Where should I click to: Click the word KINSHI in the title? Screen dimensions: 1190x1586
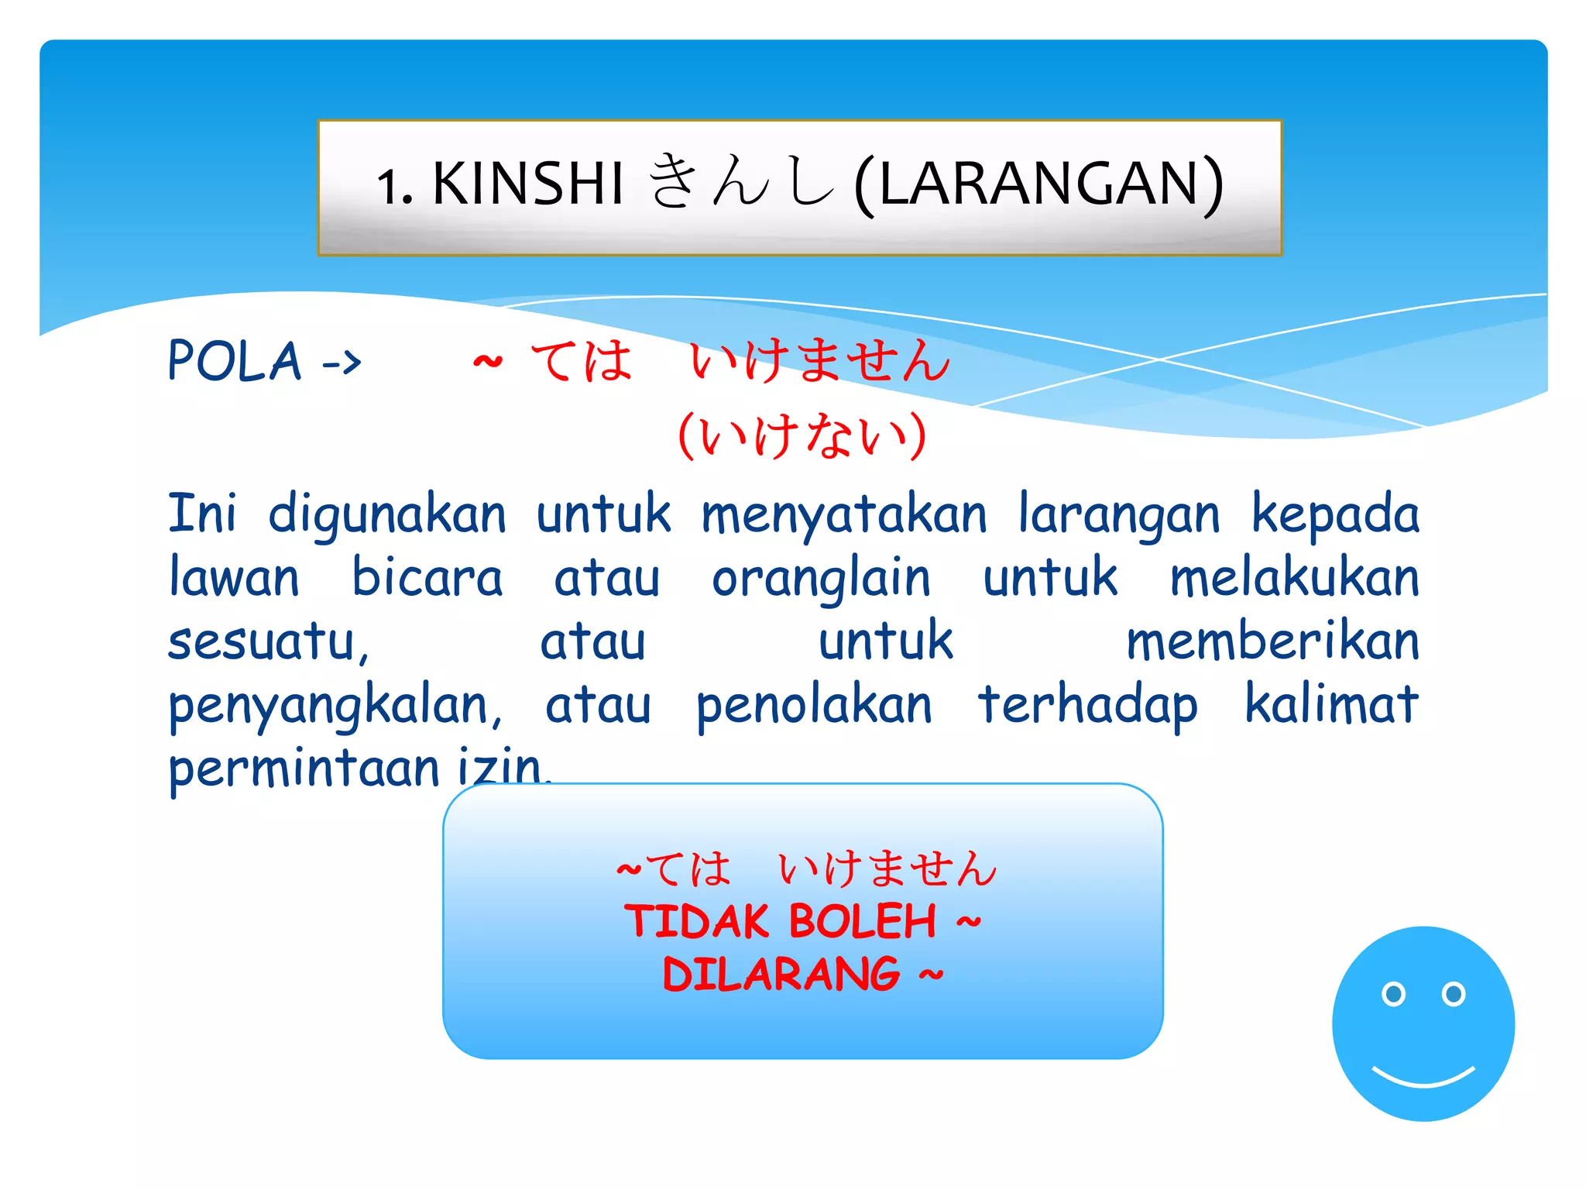[x=527, y=184]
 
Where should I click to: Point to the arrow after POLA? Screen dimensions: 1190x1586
[x=342, y=362]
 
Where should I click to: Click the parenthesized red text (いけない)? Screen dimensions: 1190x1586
[x=802, y=435]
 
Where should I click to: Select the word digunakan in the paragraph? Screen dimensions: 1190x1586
[x=387, y=514]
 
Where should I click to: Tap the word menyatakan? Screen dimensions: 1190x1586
[x=844, y=514]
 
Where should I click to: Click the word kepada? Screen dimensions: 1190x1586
[x=1335, y=514]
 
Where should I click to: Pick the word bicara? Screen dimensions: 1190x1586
[x=427, y=578]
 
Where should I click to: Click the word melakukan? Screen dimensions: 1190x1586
[x=1294, y=578]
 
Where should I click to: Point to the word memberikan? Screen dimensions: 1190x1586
[x=1272, y=641]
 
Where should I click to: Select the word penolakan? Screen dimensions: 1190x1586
[x=814, y=705]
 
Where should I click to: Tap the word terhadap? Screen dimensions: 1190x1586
[x=1087, y=705]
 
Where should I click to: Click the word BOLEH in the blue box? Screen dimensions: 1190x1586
[x=863, y=921]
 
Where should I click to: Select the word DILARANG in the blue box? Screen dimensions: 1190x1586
[x=781, y=974]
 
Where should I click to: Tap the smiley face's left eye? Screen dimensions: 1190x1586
[x=1393, y=993]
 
